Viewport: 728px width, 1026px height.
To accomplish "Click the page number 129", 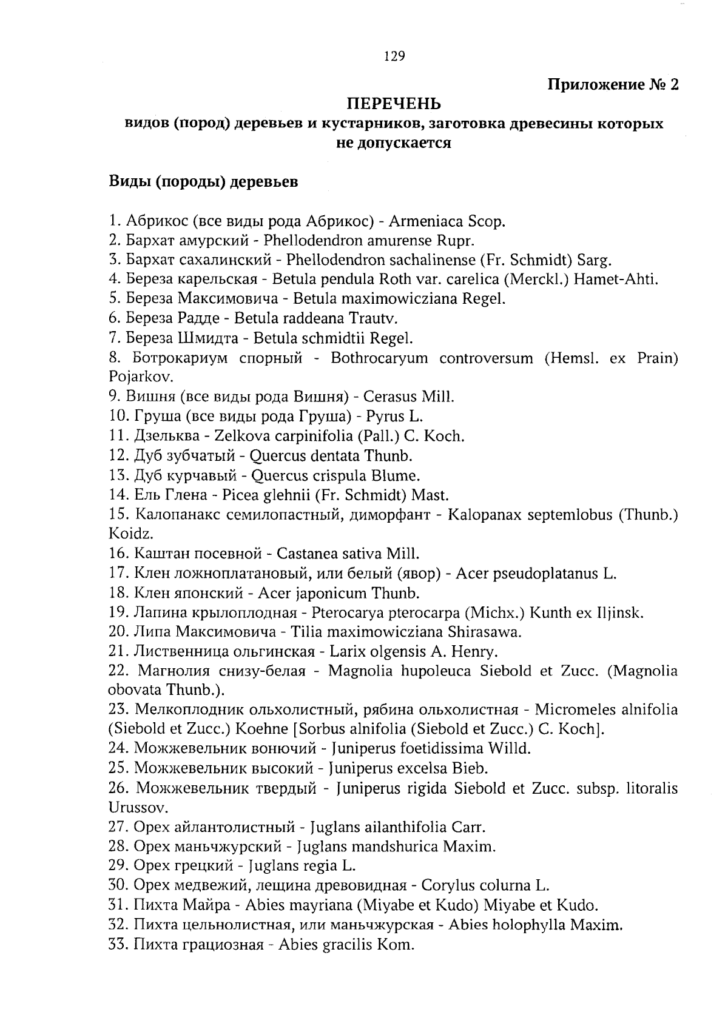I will [x=394, y=56].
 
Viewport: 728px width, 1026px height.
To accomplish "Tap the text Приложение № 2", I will [x=613, y=84].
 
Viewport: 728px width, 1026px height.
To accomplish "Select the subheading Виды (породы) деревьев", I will [x=203, y=182].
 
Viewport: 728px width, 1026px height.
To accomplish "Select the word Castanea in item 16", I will [x=303, y=554].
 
